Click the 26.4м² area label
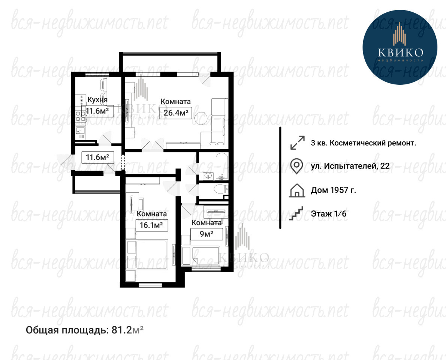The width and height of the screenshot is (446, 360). coord(176,113)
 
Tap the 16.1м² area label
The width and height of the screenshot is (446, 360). coord(151,225)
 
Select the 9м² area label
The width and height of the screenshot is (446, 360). coord(207,234)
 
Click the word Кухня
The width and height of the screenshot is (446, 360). coord(97,100)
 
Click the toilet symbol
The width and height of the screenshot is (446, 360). coord(221,189)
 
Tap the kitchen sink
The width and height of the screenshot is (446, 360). coord(80,132)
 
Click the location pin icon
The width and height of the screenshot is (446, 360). coord(296,166)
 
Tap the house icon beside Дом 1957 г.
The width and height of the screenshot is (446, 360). coord(297,190)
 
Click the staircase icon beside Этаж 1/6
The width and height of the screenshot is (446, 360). coord(296,213)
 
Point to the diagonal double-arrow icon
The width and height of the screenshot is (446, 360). coord(297,142)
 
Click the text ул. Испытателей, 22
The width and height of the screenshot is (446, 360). coord(350,166)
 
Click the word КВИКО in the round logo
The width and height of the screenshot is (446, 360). coord(401,52)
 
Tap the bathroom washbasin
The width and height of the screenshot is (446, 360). coord(208,176)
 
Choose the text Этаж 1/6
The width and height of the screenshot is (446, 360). coord(329,213)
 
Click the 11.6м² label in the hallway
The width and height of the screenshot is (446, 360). coord(97,157)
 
